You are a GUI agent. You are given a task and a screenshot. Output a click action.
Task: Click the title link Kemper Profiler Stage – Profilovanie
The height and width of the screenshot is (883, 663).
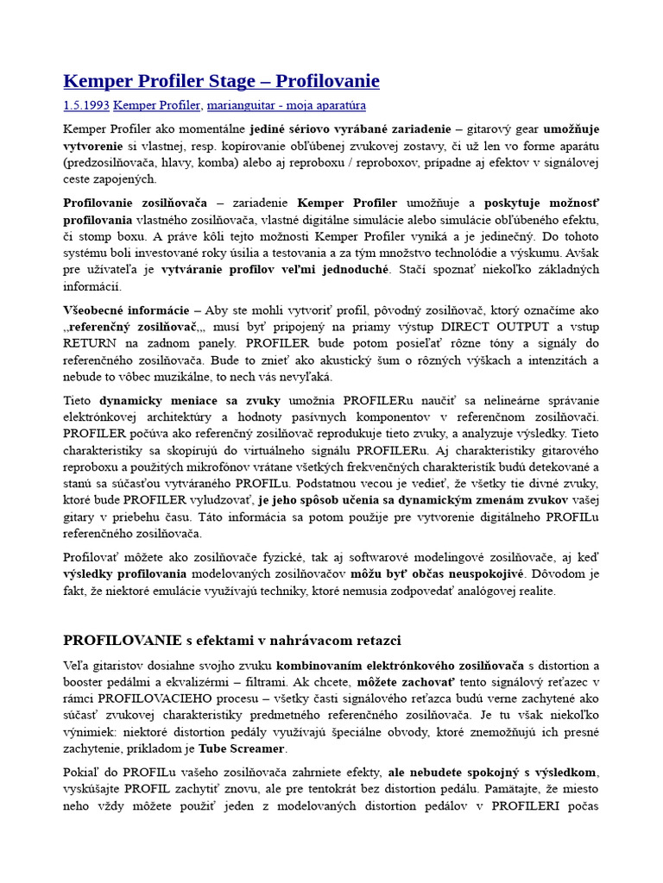coord(221,81)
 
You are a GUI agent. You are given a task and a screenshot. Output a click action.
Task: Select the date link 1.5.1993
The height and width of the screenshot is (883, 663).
coord(86,105)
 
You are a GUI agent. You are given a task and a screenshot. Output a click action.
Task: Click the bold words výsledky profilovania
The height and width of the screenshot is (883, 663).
coord(124,573)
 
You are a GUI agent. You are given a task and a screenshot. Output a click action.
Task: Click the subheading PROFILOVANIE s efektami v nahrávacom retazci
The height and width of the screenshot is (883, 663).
coord(232,640)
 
